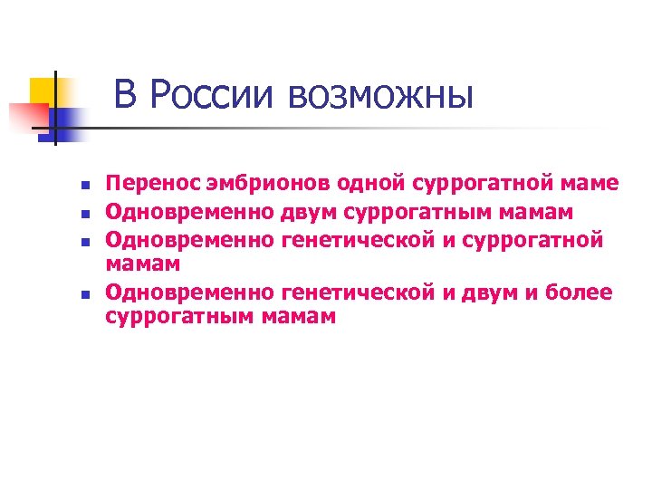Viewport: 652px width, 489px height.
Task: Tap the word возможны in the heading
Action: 379,95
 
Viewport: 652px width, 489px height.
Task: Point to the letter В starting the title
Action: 127,95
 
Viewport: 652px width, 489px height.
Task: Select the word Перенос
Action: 149,184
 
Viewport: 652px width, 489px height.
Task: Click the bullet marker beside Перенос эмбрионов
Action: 82,186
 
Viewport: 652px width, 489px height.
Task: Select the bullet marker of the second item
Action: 82,215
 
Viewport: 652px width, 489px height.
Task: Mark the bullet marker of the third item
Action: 82,242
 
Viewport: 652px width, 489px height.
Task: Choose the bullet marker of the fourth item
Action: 82,294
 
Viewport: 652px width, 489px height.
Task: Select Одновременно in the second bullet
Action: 189,211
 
